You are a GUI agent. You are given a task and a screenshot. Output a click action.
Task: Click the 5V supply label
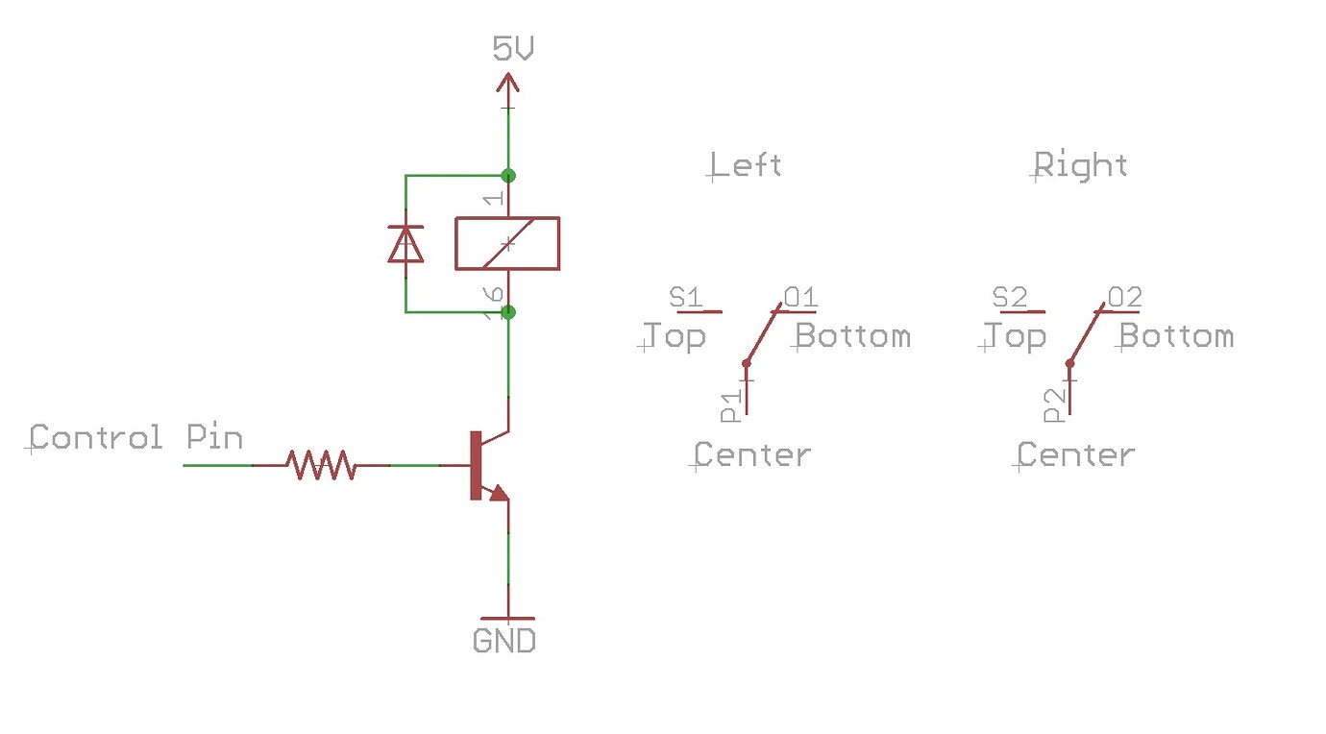point(512,49)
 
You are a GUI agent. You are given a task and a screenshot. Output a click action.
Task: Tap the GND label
point(504,640)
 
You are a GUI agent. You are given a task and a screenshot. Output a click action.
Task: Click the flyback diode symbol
point(405,244)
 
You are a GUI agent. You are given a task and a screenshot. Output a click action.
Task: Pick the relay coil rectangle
point(507,243)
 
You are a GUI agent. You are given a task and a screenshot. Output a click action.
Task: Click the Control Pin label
point(136,438)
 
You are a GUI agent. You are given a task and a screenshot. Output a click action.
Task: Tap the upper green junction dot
point(508,176)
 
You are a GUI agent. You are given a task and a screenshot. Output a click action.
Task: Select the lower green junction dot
point(508,312)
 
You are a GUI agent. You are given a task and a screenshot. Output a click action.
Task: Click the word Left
point(747,165)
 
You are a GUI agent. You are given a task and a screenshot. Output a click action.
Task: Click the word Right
point(1081,165)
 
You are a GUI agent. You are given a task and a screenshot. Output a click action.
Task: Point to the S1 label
point(686,298)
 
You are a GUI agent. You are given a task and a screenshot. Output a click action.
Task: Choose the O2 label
point(1124,298)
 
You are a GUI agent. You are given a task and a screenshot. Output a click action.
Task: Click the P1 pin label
point(731,406)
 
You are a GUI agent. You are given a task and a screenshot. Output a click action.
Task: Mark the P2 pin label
point(1055,406)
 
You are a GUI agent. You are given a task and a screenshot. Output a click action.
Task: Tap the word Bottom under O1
point(853,336)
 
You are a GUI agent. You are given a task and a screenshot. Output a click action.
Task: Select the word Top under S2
point(1015,336)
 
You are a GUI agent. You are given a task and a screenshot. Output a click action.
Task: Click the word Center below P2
point(1076,454)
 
